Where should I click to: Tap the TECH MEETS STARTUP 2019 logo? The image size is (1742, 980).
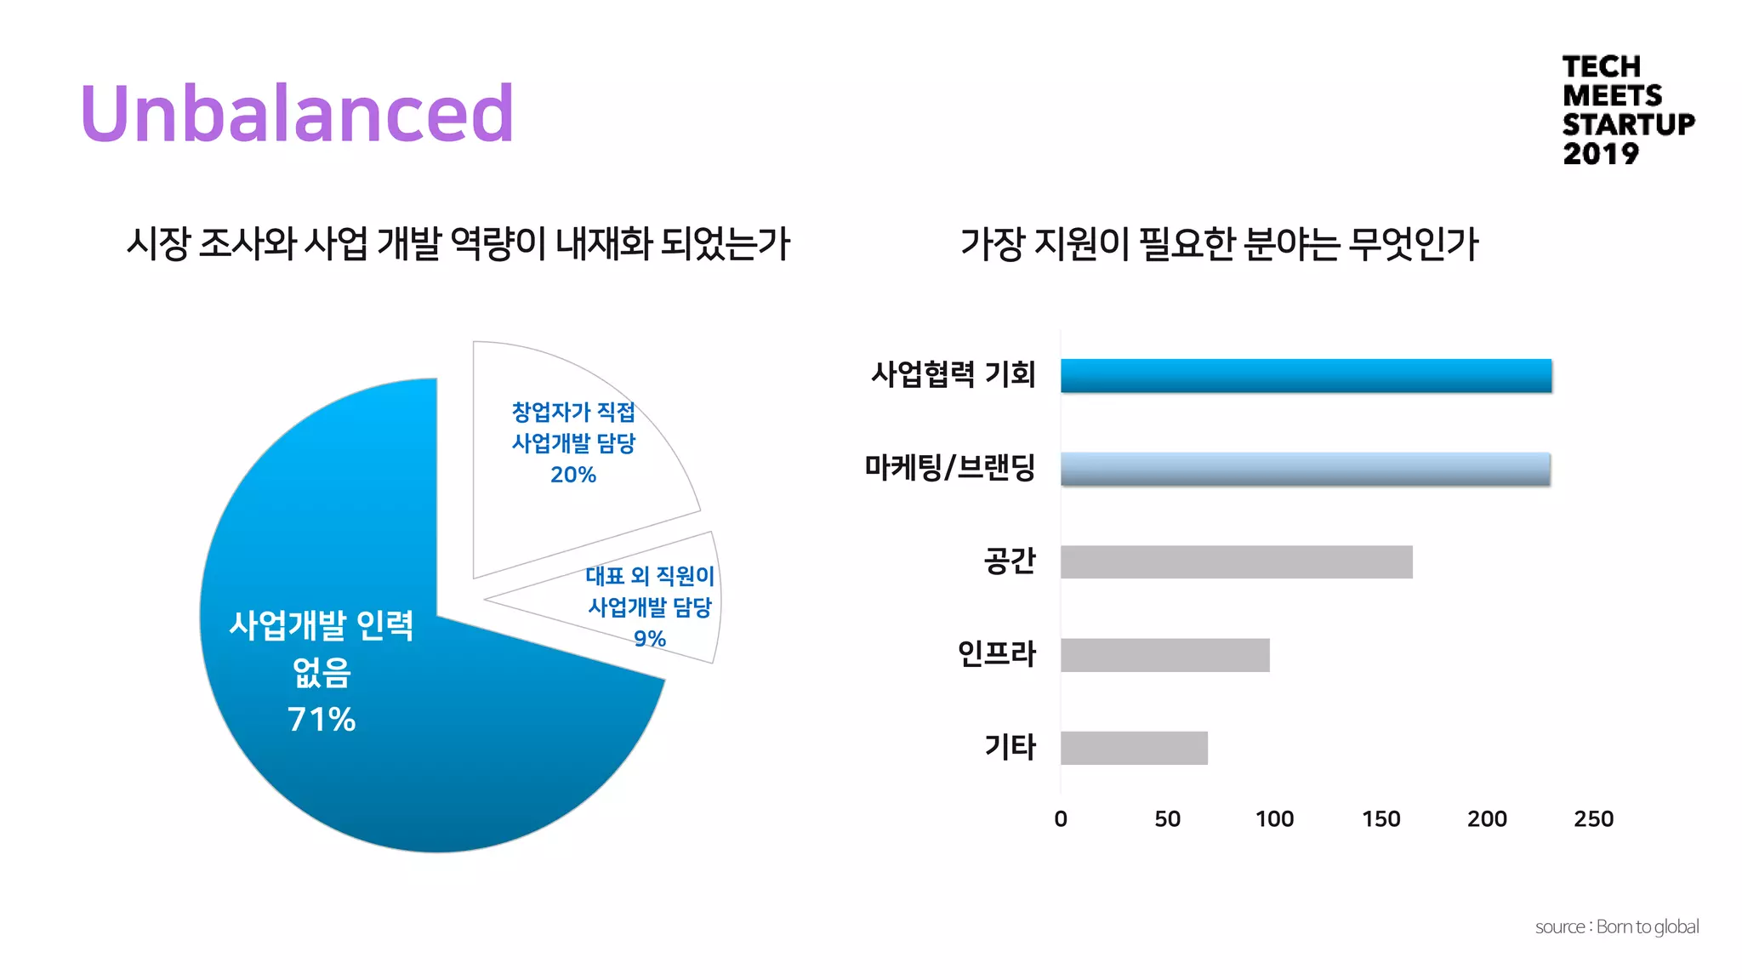(1626, 110)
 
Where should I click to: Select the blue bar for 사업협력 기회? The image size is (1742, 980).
(1306, 376)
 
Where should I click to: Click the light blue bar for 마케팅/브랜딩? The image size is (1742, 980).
(1305, 469)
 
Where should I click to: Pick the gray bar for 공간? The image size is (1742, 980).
(1236, 562)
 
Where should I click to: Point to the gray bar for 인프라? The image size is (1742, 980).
(1164, 655)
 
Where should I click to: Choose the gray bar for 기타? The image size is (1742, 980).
(1134, 748)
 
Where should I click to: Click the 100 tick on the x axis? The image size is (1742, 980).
(1274, 818)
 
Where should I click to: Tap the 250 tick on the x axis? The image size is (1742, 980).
(1593, 818)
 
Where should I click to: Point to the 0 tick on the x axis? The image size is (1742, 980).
(1061, 818)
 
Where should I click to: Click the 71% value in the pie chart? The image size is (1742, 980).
(322, 720)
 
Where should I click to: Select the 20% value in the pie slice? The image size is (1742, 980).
(573, 475)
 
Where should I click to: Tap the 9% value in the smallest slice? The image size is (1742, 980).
(650, 638)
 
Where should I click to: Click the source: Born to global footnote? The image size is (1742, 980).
(1616, 926)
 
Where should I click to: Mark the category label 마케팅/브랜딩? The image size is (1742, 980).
(949, 467)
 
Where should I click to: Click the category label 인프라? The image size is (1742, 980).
(996, 653)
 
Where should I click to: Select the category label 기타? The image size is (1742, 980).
(1010, 747)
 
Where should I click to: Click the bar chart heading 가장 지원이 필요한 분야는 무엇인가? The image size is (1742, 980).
(1219, 244)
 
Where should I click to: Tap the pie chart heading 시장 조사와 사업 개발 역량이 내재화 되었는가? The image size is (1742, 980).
(458, 244)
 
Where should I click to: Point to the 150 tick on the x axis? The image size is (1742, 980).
(1381, 818)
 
